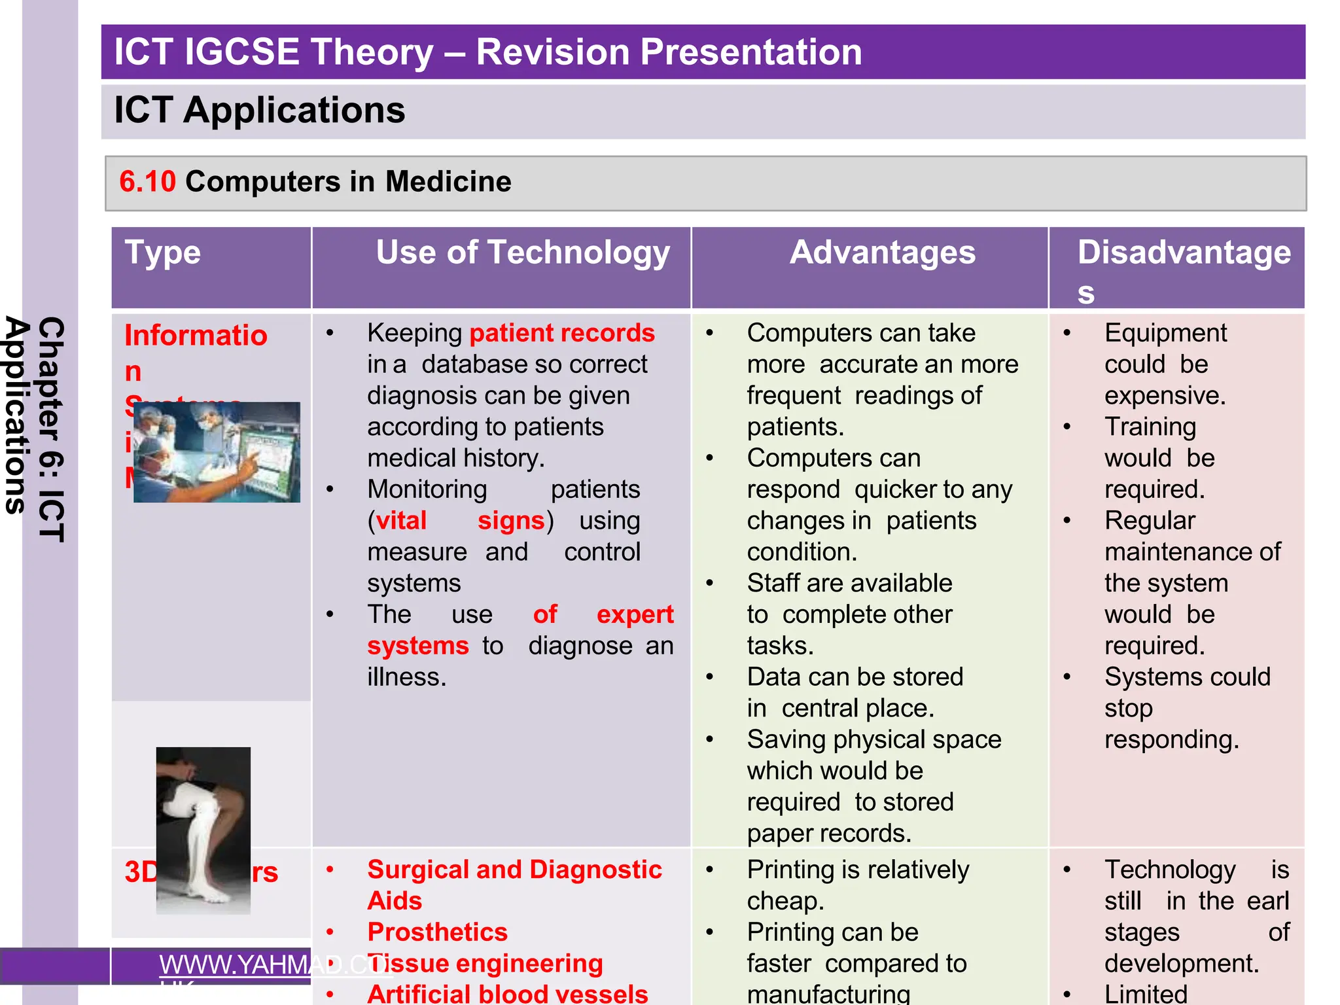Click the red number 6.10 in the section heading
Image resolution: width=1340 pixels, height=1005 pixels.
point(147,181)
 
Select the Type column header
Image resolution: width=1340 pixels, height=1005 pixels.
point(163,253)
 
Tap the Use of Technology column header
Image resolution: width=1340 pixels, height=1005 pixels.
point(522,253)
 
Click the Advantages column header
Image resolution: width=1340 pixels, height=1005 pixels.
point(882,253)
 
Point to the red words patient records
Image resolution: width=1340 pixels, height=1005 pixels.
point(561,333)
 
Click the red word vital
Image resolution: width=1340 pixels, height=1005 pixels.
point(401,521)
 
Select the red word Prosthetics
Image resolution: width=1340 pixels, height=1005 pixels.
point(437,932)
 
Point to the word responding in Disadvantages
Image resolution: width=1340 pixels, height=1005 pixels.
point(1171,740)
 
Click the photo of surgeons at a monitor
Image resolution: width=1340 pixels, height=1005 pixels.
point(217,452)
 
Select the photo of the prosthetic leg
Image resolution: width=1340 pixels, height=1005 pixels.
point(203,830)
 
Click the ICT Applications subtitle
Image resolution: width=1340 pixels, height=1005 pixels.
point(260,110)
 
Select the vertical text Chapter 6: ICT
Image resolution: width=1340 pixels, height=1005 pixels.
point(52,429)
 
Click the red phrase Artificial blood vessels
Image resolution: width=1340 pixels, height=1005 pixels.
point(507,993)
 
